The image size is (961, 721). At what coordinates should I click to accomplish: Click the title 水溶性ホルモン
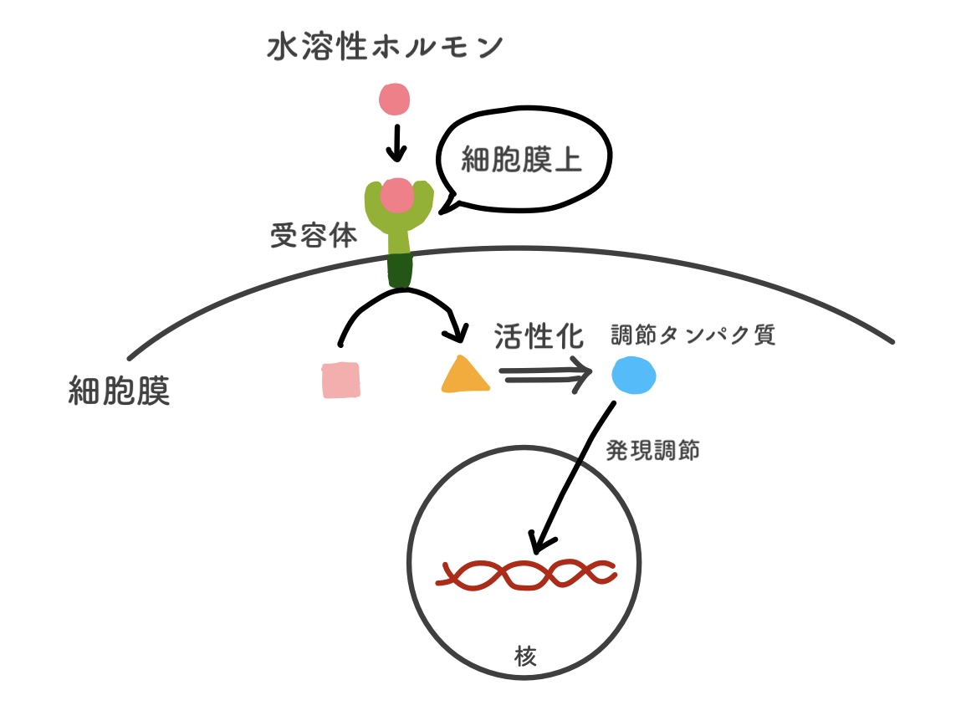pos(386,48)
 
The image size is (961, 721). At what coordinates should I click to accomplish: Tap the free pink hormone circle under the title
pos(395,100)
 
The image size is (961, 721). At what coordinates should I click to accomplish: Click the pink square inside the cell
pos(340,380)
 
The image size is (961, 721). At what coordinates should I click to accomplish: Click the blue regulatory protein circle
pos(633,376)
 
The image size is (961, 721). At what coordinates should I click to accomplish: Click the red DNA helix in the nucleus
pos(527,575)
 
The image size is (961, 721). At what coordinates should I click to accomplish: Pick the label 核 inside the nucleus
pos(526,653)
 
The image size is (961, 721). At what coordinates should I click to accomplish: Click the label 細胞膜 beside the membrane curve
pos(119,391)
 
